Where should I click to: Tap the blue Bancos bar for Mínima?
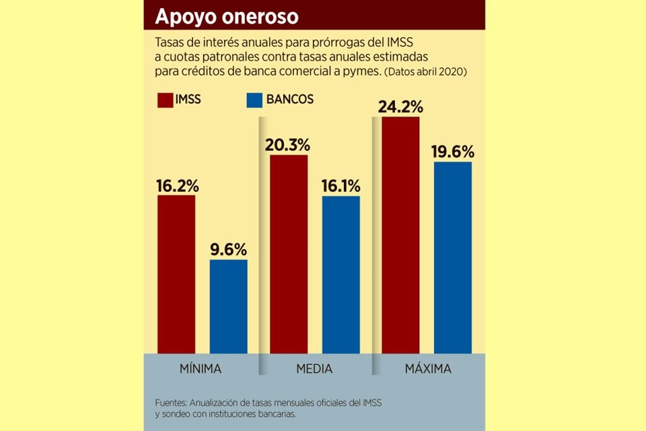pos(228,306)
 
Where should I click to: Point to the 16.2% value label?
pos(177,185)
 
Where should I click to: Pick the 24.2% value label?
pos(400,106)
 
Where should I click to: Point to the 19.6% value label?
pos(453,151)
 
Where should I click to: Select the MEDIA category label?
pos(314,369)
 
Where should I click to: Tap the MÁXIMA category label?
pos(427,369)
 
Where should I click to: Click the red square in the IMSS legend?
pos(164,100)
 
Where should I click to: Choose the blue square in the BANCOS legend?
pos(254,100)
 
